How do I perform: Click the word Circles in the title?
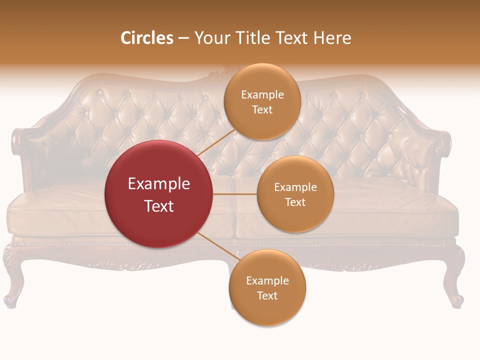[x=147, y=38]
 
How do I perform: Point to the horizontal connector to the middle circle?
[x=235, y=194]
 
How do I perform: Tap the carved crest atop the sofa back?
[x=216, y=75]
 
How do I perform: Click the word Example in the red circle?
[x=159, y=184]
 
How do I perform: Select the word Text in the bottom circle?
[x=267, y=295]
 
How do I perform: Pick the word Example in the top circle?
[x=262, y=94]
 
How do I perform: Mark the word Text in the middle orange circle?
[x=295, y=202]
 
